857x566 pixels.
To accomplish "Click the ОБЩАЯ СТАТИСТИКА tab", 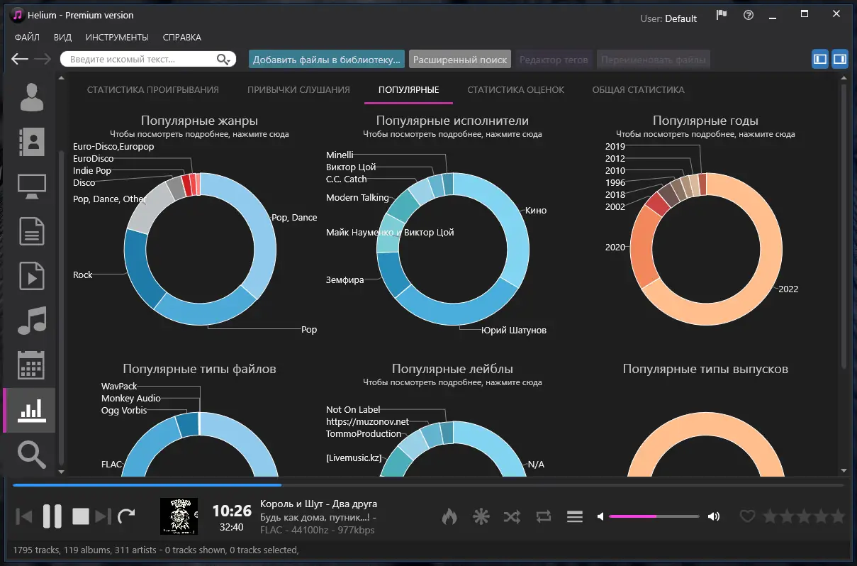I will tap(638, 90).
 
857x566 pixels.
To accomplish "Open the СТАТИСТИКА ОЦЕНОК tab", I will tap(515, 90).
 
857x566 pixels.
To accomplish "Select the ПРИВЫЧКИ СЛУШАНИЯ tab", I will tap(298, 90).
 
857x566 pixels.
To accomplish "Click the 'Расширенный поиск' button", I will tap(460, 60).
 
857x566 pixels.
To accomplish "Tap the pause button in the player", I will tap(52, 516).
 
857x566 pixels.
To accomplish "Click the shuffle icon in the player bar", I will tap(512, 516).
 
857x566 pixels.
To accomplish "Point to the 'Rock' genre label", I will tap(83, 274).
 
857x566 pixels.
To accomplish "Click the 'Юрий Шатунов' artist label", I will tap(513, 330).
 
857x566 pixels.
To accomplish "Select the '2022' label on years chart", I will tap(788, 289).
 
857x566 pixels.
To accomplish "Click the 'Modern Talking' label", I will tap(357, 197).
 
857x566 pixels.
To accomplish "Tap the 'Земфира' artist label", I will tap(345, 279).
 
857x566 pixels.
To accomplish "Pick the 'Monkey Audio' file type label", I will tap(131, 399).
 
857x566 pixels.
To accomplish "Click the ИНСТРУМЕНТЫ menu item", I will tap(117, 38).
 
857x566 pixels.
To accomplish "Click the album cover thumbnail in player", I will tap(179, 516).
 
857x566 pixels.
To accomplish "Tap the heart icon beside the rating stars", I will tap(747, 516).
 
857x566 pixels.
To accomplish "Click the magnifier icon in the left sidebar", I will tap(31, 453).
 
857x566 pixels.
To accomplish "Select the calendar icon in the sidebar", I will tap(31, 365).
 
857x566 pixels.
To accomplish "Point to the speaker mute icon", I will tap(600, 516).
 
